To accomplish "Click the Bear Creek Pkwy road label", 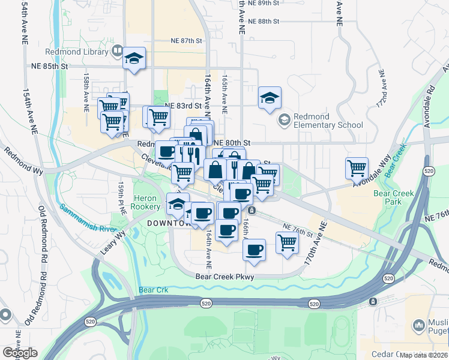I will (x=225, y=277).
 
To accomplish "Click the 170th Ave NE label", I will (x=316, y=241).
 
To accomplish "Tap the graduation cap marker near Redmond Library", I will (x=134, y=59).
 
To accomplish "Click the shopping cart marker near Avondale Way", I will (x=357, y=167).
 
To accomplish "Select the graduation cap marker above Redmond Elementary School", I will (x=270, y=98).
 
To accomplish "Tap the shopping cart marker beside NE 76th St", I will (x=288, y=242).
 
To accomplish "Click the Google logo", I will (x=20, y=353).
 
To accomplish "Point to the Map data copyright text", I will (x=423, y=355).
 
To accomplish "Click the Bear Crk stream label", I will (x=150, y=290).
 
